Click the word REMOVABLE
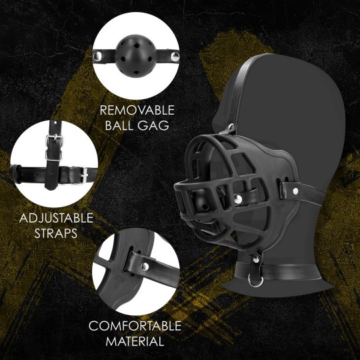coord(137,109)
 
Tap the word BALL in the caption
coord(120,125)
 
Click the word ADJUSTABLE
coord(56,219)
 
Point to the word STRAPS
coord(56,234)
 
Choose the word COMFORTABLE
coord(135,326)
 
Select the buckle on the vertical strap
coord(53,143)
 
